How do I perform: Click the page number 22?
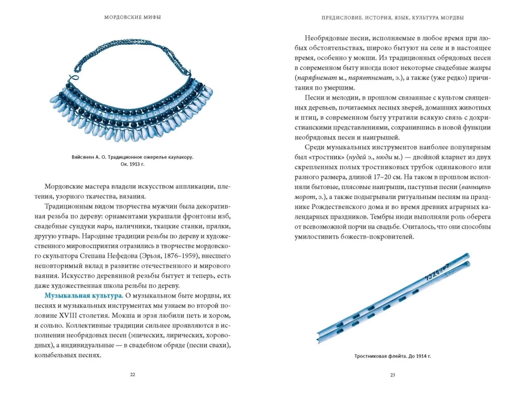point(133,374)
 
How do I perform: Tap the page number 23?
point(392,374)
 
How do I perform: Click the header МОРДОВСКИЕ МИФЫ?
point(133,17)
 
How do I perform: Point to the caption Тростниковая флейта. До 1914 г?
point(392,356)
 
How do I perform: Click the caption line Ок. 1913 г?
point(132,164)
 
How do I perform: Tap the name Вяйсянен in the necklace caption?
point(84,157)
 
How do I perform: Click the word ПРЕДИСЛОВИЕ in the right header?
point(341,17)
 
